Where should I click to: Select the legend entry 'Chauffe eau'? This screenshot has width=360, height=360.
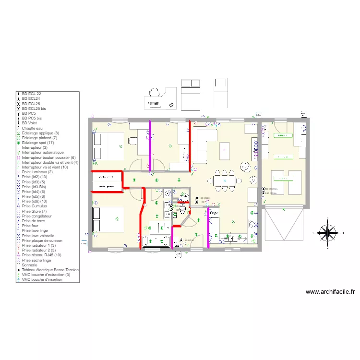[x=33, y=128]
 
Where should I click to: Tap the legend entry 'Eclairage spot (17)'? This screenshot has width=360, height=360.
[x=38, y=143]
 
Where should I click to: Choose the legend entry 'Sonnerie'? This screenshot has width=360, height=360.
[x=30, y=265]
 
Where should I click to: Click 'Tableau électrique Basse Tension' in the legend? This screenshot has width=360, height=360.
[x=50, y=270]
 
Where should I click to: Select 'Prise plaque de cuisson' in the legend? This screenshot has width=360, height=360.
[x=41, y=240]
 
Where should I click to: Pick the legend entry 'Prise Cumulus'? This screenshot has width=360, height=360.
[x=34, y=206]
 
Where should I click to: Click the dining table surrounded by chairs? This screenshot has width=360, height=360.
[x=225, y=180]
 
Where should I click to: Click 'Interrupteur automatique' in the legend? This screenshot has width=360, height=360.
[x=42, y=152]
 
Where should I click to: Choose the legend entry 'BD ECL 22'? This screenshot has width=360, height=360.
[x=32, y=93]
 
